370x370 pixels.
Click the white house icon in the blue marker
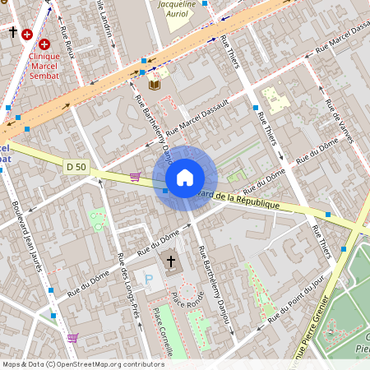coord(185,178)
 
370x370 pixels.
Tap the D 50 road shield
coord(76,167)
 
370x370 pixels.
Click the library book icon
coord(155,84)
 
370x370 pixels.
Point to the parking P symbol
coord(149,280)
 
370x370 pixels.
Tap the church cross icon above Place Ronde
coord(171,262)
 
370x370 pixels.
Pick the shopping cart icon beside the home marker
coord(135,176)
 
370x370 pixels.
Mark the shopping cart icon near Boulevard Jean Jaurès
coord(72,338)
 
